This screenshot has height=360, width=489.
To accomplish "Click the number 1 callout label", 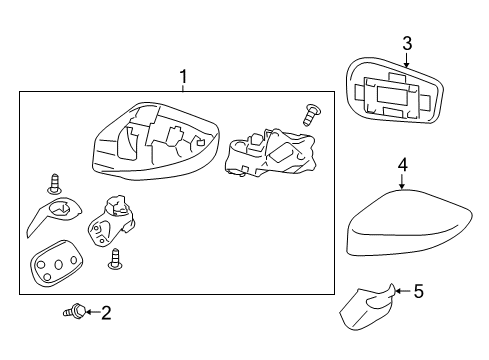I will click(x=182, y=75).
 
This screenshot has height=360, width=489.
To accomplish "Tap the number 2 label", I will click(x=106, y=313).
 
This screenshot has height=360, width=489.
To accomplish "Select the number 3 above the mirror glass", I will click(x=407, y=42).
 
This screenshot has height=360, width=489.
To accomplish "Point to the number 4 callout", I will click(x=401, y=165).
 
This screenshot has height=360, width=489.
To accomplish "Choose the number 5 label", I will click(x=418, y=292).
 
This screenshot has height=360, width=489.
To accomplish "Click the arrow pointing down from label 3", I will click(x=407, y=60).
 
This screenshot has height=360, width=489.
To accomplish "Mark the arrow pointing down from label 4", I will click(x=401, y=182).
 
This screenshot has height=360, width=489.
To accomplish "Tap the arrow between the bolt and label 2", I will click(x=90, y=313).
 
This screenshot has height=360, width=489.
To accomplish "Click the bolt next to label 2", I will click(x=73, y=313).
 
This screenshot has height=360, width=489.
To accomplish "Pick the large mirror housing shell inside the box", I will click(x=150, y=145).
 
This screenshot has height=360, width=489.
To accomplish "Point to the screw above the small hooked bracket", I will click(x=53, y=185).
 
